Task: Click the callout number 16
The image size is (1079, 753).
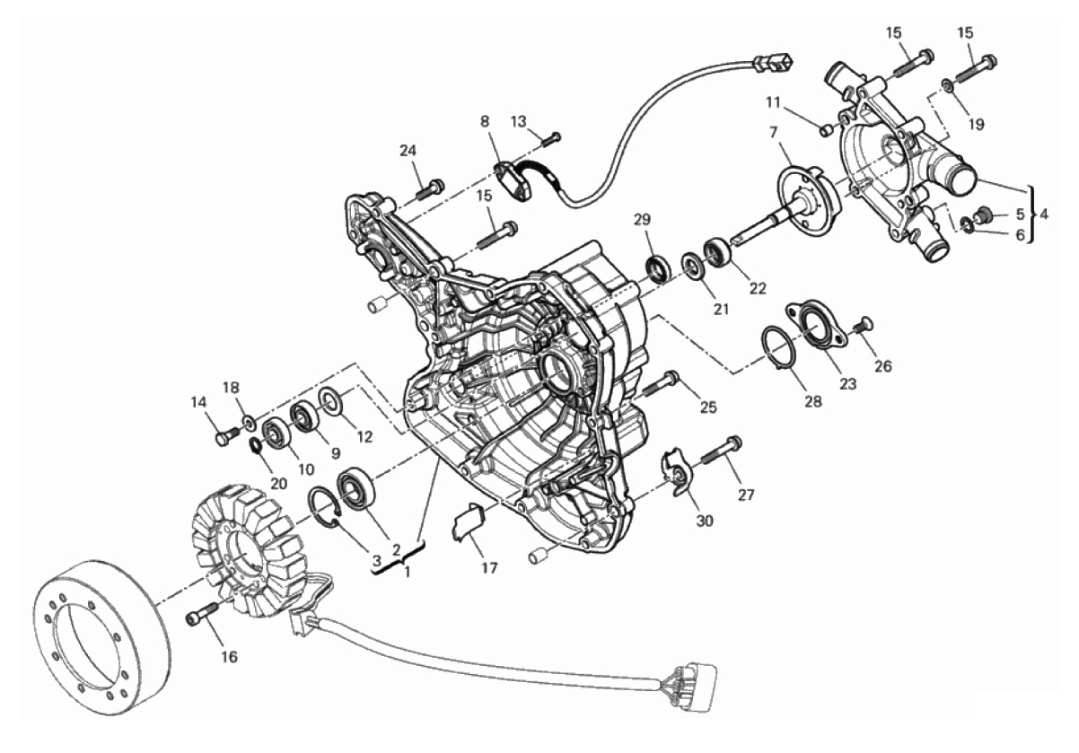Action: click(229, 657)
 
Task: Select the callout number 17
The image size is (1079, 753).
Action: click(489, 568)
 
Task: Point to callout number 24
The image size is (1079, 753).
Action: click(408, 151)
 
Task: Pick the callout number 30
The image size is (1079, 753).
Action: click(705, 521)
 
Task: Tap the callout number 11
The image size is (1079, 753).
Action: click(773, 102)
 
